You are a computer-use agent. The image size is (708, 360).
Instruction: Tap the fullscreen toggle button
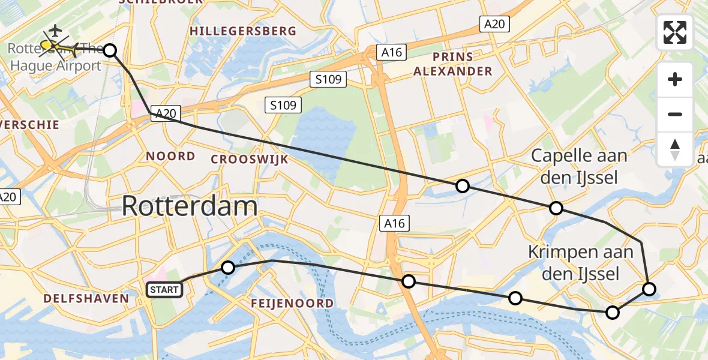coord(675,32)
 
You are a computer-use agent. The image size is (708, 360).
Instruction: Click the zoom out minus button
coord(675,114)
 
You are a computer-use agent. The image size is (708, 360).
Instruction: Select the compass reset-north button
coord(675,149)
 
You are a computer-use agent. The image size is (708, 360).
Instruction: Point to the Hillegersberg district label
coord(242,31)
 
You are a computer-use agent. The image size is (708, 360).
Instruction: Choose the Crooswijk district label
coord(250,159)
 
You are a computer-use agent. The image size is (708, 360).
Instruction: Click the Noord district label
coord(171,156)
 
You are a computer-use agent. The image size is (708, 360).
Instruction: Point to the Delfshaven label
coord(86,298)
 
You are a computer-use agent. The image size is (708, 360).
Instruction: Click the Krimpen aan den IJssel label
coord(581,263)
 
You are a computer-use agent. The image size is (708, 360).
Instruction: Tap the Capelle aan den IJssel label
coord(580,167)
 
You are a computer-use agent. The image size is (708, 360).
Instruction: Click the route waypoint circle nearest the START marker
coord(228,268)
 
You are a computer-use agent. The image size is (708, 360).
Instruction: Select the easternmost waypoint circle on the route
coord(649,289)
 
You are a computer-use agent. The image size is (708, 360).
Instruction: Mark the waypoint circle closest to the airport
coord(110,50)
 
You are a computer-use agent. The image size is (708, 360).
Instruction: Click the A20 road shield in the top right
coord(495,24)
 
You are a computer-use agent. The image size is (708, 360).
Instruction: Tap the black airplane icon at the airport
coord(55,29)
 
